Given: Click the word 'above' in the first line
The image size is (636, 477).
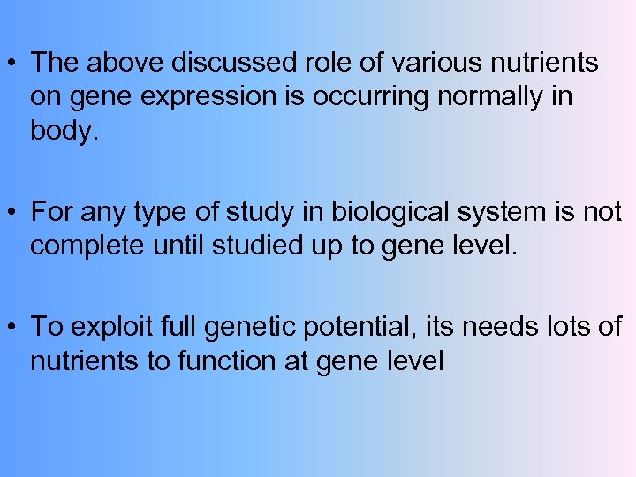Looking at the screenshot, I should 123,64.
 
